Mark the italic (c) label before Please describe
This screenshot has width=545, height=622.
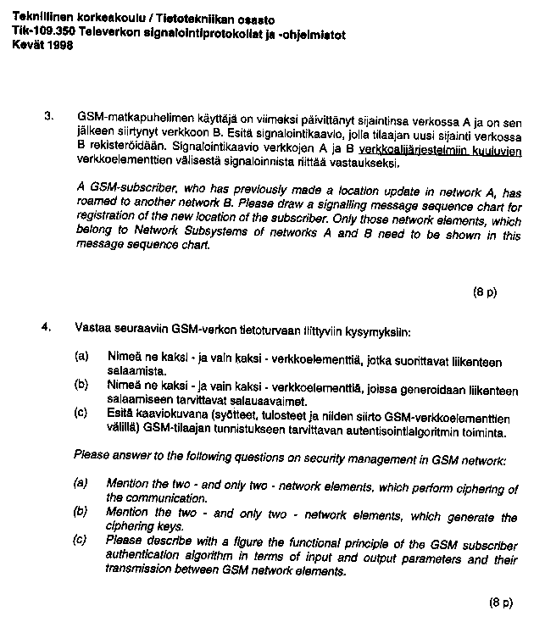(x=81, y=541)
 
